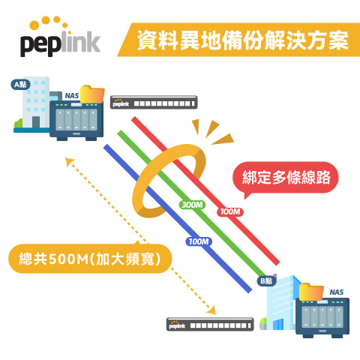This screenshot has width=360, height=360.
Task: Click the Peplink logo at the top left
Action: point(60,37)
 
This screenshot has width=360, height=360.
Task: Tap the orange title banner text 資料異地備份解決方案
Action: point(242,40)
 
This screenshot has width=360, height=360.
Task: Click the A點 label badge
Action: point(20,85)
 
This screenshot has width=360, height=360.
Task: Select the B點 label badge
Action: point(267,281)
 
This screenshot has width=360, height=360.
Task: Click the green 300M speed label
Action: point(192,205)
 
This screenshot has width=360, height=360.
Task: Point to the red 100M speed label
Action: point(230,211)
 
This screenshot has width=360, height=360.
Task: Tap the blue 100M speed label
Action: point(199,241)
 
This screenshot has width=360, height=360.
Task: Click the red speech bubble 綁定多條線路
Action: point(286,178)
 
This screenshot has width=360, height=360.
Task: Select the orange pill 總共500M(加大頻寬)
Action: point(90,259)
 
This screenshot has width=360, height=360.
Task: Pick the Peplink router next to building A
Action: point(154,102)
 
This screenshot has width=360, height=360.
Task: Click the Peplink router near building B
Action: point(210,325)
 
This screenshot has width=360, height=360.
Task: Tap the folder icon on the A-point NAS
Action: point(92,94)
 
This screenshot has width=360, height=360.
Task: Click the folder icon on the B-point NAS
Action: point(311,292)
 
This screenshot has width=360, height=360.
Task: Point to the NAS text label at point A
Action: point(72,96)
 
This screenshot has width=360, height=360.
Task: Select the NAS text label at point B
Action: point(337,292)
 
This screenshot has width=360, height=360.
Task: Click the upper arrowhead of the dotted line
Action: point(69,161)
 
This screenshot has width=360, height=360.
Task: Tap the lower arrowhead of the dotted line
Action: point(211,310)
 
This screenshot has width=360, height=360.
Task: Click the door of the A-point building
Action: point(36,121)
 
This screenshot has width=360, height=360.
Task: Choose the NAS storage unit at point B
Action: point(322,317)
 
